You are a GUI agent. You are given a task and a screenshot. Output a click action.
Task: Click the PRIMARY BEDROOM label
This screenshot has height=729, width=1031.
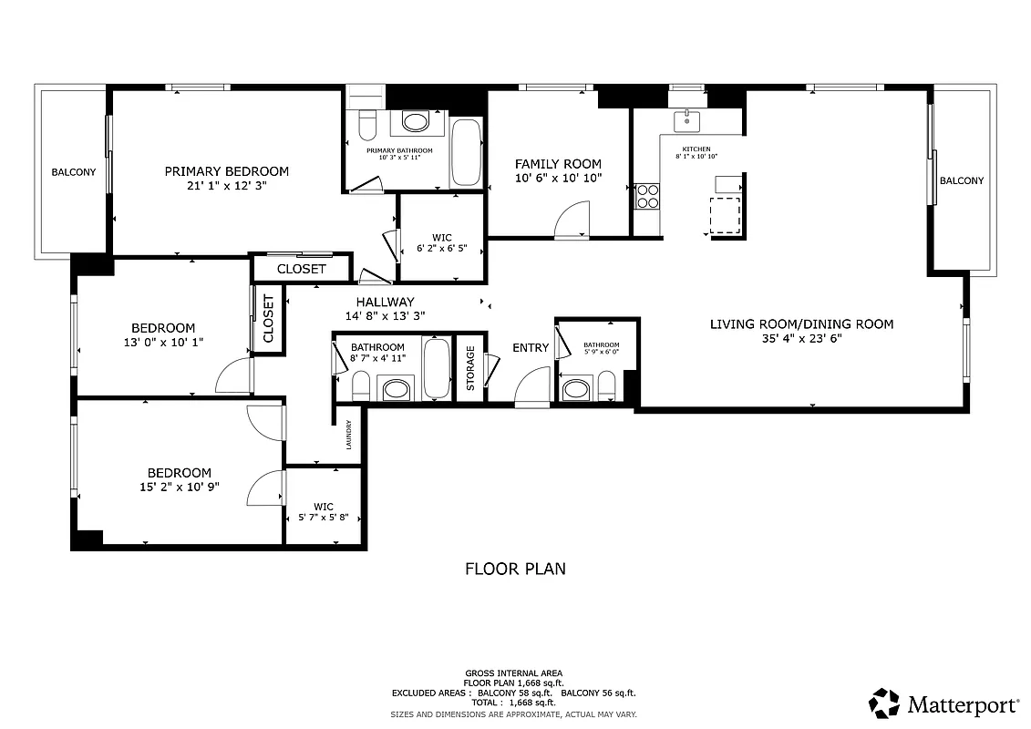click(226, 171)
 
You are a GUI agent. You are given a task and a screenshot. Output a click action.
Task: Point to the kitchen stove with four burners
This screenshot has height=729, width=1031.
click(647, 196)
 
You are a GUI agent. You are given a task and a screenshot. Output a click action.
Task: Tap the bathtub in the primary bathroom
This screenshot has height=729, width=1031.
click(466, 152)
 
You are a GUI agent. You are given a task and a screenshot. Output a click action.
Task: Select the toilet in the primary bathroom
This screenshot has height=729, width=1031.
click(366, 123)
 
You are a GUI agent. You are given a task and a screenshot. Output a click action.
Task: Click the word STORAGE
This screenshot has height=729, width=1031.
click(471, 368)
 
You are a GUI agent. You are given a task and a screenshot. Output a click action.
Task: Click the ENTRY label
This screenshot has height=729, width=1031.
click(531, 347)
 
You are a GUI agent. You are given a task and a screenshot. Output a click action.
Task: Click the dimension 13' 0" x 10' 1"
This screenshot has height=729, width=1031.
click(163, 343)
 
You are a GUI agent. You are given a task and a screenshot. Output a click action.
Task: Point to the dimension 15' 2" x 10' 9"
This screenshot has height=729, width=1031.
click(180, 488)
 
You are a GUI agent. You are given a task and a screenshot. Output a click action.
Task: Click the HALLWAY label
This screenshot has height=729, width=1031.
click(385, 302)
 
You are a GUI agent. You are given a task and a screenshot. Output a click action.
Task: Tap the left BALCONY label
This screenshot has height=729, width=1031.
click(73, 172)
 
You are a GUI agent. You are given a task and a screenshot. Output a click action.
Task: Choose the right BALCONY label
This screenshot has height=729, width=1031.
click(962, 180)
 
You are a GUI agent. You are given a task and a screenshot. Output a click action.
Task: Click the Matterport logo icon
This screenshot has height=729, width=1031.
click(884, 703)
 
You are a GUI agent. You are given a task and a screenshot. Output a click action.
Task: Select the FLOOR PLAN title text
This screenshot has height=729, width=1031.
click(515, 569)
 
